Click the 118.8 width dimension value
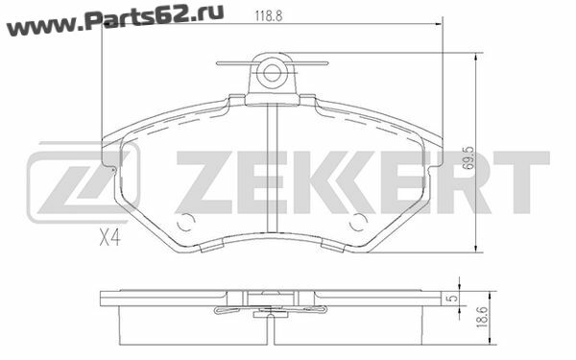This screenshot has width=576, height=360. pyautogui.click(x=269, y=16)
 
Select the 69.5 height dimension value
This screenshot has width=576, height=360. pyautogui.click(x=468, y=158)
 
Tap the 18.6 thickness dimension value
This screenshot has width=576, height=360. pyautogui.click(x=482, y=317)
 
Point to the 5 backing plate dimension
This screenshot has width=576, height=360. pyautogui.click(x=453, y=298)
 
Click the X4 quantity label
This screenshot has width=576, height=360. pyautogui.click(x=109, y=238)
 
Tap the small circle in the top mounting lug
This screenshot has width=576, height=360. pyautogui.click(x=272, y=73)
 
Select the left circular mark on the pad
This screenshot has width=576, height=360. pyautogui.click(x=185, y=223)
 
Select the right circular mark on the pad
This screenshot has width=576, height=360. pyautogui.click(x=358, y=223)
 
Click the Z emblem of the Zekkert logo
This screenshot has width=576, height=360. pyautogui.click(x=84, y=181)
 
